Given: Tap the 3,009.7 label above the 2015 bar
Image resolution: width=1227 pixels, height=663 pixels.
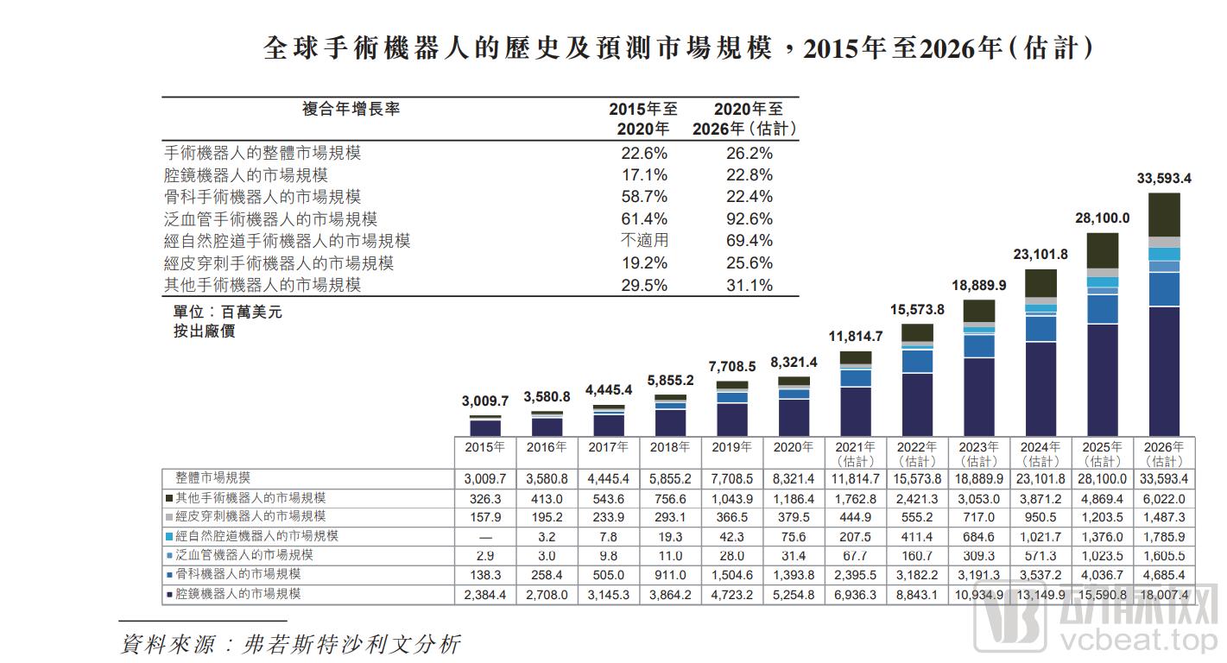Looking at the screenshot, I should tap(485, 401).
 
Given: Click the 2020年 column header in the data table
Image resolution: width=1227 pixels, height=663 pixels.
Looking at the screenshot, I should tap(794, 447).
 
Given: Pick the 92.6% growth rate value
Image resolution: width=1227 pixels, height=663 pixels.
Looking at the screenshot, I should tap(749, 219).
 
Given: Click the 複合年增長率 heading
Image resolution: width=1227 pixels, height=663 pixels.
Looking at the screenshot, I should tap(351, 110).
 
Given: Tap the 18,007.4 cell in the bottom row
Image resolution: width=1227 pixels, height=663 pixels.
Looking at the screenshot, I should tap(1163, 595).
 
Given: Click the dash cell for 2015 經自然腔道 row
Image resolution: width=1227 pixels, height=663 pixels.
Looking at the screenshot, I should tap(485, 536).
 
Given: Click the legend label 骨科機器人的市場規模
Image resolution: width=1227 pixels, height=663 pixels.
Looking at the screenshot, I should tap(238, 574).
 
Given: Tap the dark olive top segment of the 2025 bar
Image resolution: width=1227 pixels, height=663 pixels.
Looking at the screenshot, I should tap(1102, 250).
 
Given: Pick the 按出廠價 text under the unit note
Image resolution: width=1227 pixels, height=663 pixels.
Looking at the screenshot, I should tap(204, 331).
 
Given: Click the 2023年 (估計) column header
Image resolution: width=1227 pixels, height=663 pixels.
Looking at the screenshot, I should tap(978, 453).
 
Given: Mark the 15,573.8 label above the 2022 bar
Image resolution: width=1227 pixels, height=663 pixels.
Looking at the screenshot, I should tap(917, 309).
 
